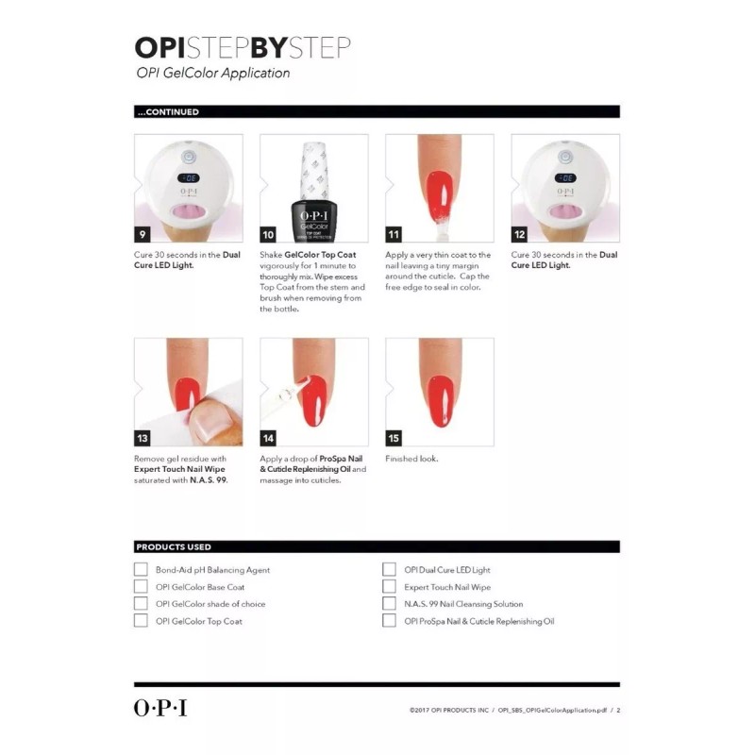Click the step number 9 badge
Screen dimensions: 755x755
[143, 235]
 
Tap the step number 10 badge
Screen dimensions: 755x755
[268, 235]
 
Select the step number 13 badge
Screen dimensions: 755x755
[143, 438]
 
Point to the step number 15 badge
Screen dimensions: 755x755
[394, 438]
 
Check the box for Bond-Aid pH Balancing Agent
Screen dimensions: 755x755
[141, 569]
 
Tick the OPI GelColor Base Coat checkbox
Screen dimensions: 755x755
[141, 586]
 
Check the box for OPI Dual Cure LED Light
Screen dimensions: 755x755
[389, 569]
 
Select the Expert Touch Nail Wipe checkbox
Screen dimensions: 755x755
[389, 586]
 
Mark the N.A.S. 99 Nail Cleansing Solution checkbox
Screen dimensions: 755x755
[389, 603]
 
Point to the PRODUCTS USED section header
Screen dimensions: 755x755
[174, 546]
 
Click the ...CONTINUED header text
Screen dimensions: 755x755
[168, 111]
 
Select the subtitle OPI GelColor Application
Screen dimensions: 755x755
[212, 73]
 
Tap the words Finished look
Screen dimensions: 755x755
[411, 459]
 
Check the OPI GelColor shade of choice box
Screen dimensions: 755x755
[141, 603]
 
